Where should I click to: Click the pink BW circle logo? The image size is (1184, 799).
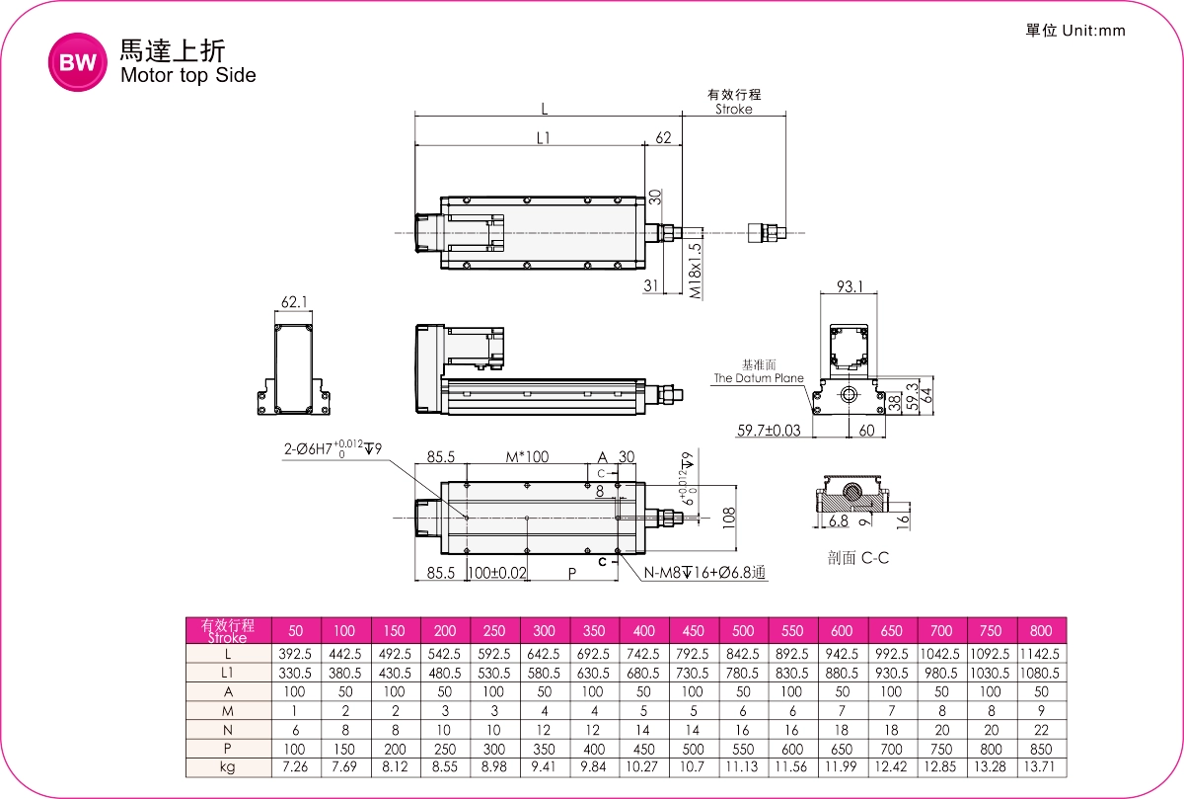76,64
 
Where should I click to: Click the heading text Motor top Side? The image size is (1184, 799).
187,75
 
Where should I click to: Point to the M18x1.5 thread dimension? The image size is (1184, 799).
696,271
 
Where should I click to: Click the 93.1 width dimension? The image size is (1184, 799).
849,287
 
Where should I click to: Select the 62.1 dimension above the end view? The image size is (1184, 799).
294,303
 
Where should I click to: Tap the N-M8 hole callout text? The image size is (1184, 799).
705,573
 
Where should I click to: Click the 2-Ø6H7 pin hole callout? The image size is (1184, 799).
332,449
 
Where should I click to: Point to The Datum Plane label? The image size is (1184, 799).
759,378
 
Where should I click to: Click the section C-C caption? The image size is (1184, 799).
858,558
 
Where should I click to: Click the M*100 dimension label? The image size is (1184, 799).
528,457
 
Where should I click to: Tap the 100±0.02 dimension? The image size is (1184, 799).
496,573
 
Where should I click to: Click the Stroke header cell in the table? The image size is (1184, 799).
228,630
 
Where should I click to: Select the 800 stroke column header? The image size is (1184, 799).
1040,631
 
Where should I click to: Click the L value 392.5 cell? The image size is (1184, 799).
295,654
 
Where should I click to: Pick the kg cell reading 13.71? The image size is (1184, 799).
1040,766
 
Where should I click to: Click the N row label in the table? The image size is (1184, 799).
228,729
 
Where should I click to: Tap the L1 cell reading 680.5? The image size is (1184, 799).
643,673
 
